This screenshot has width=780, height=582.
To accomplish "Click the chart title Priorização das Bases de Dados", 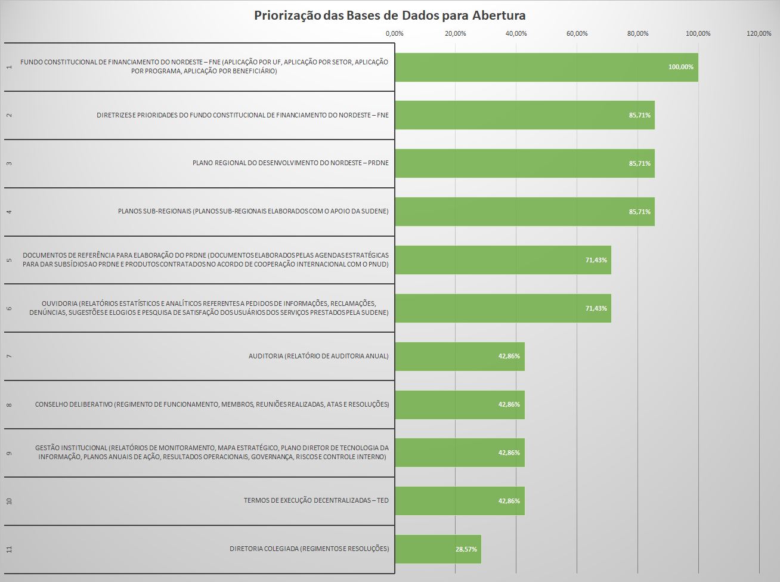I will (x=389, y=16).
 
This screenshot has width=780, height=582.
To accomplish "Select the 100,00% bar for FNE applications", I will (x=546, y=67).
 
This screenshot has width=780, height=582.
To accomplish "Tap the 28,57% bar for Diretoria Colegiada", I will (x=437, y=549).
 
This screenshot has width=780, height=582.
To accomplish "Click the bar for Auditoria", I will (x=459, y=357).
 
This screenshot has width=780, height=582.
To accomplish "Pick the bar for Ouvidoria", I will (x=503, y=308).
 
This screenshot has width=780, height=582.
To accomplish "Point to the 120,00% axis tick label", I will (x=759, y=33).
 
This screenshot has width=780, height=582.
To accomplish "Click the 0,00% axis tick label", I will (x=394, y=33).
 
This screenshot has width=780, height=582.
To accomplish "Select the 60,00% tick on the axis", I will (x=577, y=33).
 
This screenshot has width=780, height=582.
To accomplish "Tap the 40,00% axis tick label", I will (x=516, y=33).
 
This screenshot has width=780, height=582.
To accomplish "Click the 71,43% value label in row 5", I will (x=596, y=260).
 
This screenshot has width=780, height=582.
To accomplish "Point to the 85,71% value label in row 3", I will (x=639, y=163).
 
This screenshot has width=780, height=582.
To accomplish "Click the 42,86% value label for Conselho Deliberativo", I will (x=509, y=404).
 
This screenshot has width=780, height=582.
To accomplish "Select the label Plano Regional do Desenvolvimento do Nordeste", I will (x=290, y=163).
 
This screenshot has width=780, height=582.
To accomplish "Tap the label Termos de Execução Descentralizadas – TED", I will (x=316, y=500).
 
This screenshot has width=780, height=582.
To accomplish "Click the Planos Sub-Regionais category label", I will (x=253, y=211).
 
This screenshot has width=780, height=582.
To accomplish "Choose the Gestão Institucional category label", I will (x=212, y=452).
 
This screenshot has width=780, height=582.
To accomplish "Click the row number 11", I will (x=9, y=549).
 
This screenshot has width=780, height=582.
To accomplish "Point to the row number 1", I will (x=9, y=67).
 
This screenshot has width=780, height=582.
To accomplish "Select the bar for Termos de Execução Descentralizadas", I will (x=459, y=501).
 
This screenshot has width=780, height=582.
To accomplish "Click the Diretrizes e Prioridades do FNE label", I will (x=243, y=115).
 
